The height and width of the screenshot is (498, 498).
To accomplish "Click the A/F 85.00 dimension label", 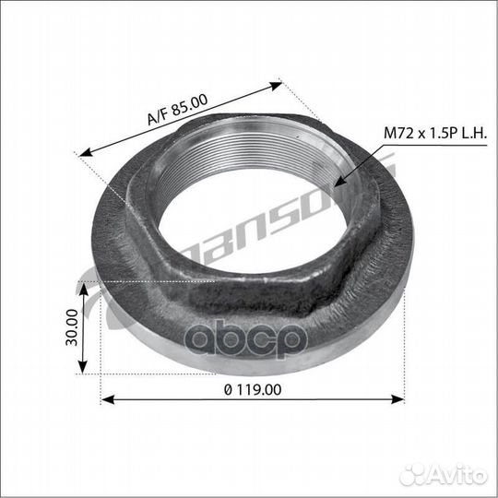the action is point(178,109).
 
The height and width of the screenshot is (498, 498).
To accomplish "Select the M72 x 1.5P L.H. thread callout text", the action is point(435,133).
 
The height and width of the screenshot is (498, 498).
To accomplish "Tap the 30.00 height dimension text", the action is point(72,327).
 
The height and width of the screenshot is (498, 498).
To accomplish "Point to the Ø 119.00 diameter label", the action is point(253,390).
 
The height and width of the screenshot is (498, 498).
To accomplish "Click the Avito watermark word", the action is point(458,475).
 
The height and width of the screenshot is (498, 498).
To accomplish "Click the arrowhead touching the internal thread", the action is point(340,182).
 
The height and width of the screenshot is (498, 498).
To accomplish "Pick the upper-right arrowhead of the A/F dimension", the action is point(275,86).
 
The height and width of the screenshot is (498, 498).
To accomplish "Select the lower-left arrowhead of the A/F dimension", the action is point(86,152).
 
